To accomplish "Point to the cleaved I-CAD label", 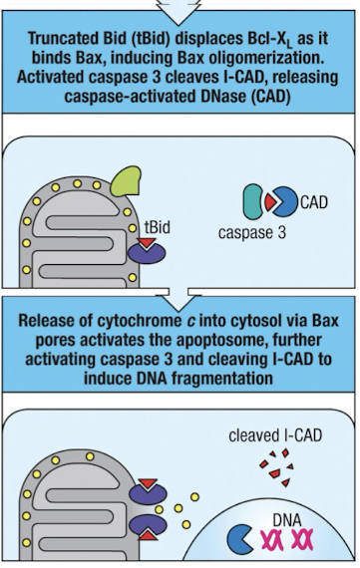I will (267, 435).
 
